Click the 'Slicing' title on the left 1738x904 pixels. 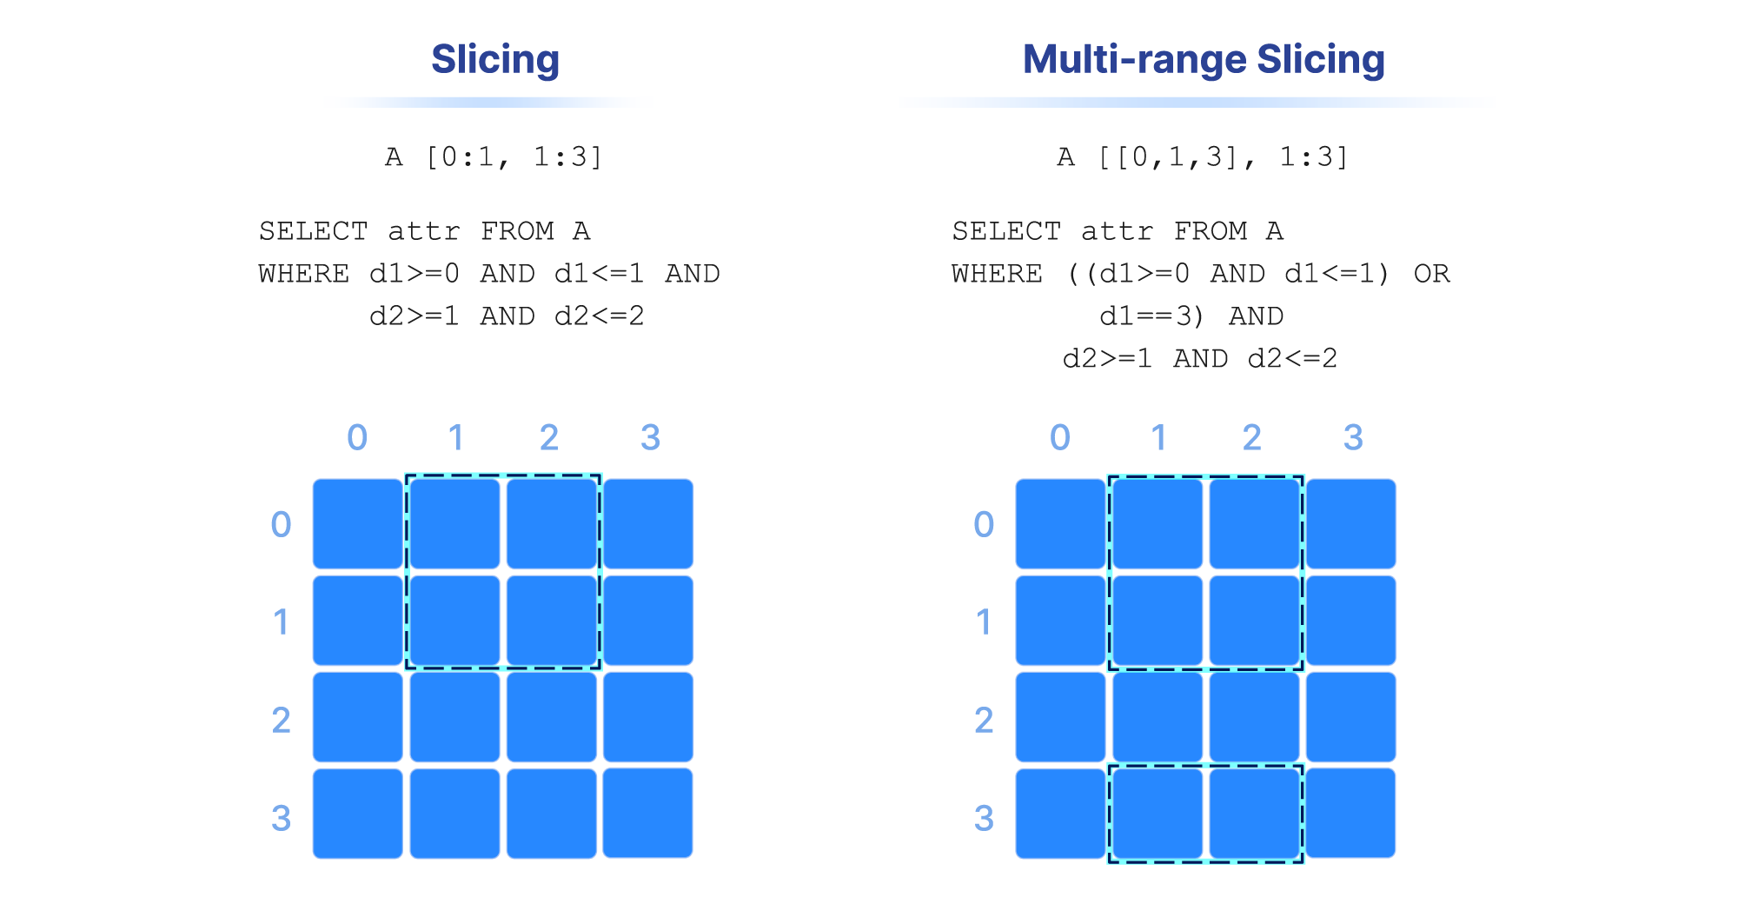(495, 60)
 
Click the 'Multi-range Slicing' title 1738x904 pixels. (1204, 60)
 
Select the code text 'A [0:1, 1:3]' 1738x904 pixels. (494, 157)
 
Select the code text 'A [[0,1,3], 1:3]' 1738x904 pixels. (1204, 157)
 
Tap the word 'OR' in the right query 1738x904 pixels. (1431, 274)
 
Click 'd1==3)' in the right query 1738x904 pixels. (1152, 316)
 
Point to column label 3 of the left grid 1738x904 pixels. (650, 437)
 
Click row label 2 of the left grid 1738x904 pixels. (281, 720)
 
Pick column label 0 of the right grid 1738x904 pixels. (1060, 437)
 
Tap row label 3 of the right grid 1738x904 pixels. (984, 818)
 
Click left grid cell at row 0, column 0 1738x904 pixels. (358, 524)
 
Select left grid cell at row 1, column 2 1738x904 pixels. (552, 621)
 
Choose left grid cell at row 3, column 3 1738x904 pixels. (648, 814)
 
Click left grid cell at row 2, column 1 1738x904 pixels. (455, 717)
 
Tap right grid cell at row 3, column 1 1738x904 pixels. (1158, 814)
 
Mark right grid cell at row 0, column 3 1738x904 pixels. (1351, 524)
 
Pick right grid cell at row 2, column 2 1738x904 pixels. (1255, 717)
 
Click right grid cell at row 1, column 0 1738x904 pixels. (1061, 621)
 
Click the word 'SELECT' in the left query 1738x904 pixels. (314, 231)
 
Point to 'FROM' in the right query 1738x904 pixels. (1211, 231)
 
